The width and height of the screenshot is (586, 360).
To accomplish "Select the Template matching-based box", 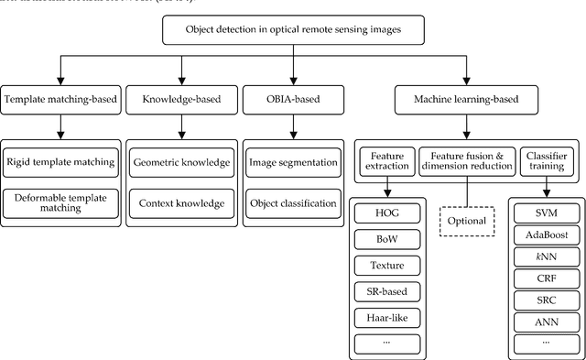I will point(60,99).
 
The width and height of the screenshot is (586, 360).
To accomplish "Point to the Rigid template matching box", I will point(60,163).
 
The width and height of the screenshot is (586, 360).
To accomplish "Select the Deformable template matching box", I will point(60,201).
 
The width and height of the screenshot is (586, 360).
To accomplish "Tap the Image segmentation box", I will point(293,163).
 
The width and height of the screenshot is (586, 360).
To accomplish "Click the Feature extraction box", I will point(386,163).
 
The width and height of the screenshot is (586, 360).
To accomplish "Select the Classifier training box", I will point(547,163).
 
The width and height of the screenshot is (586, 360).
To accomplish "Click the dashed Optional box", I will point(466,221).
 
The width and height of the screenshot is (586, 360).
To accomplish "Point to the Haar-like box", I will point(386,319).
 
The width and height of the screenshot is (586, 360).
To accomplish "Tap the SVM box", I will point(547,213).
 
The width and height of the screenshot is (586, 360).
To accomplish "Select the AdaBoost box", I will point(547,235).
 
